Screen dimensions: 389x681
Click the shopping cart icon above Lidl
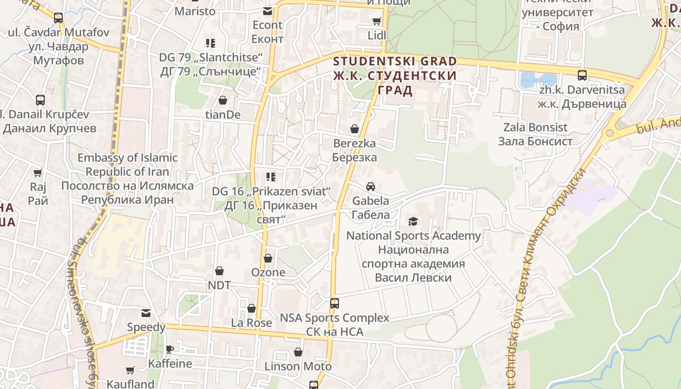coord(376,21)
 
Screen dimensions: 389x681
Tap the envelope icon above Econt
coord(268,11)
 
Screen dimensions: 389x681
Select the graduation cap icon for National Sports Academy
coord(413,222)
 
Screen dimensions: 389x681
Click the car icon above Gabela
coord(371,187)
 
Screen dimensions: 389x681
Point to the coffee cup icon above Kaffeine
coord(170,349)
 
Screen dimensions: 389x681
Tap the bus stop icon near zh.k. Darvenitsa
coord(582,75)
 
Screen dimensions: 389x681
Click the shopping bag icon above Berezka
coord(355,129)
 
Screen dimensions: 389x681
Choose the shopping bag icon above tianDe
coord(223,100)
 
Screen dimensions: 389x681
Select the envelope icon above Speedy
coord(146,313)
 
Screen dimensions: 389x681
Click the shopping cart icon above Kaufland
coord(130,371)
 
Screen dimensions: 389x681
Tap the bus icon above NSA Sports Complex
coord(335,303)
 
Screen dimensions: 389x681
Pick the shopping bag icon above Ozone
coord(268,258)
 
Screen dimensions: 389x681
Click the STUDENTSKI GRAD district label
coord(395,62)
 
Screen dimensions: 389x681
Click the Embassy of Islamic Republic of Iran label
coord(127,178)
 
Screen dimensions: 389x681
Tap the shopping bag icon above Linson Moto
coord(298,352)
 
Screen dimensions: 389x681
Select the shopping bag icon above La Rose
coord(251,308)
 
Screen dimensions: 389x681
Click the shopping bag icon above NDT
coord(219,270)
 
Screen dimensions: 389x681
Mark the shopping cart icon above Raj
coord(38,173)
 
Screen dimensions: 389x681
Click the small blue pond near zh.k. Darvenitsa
coord(538,79)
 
